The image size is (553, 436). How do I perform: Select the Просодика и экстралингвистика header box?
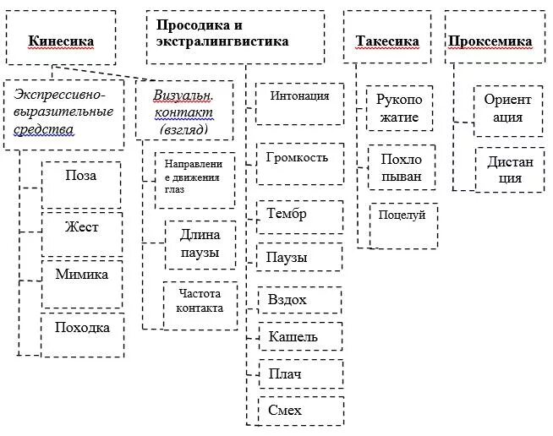click(234, 36)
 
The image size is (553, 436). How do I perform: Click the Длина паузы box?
click(200, 244)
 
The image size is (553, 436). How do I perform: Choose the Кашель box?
click(299, 337)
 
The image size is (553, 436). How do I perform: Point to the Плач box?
click(299, 373)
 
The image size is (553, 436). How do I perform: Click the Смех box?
click(299, 411)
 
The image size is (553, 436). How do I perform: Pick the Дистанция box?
click(509, 169)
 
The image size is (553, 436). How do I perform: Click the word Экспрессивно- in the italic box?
click(59, 95)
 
